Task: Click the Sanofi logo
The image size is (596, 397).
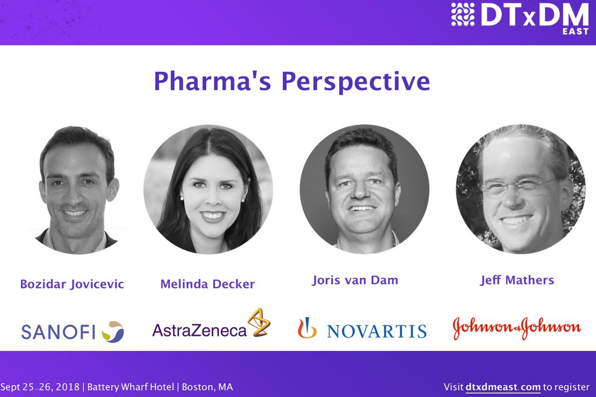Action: click(x=73, y=331)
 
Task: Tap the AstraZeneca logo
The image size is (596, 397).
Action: click(x=211, y=323)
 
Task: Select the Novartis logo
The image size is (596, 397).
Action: click(x=362, y=328)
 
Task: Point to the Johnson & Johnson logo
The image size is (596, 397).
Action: click(x=517, y=328)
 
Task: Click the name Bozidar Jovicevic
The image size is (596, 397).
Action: click(x=72, y=284)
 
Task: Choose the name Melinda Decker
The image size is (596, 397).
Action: click(x=208, y=284)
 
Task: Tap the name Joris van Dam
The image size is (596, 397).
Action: click(x=355, y=280)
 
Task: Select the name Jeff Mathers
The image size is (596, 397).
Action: click(x=517, y=280)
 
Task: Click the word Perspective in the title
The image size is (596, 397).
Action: click(x=356, y=82)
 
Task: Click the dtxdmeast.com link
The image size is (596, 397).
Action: click(x=503, y=387)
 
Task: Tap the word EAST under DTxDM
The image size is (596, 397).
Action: click(x=575, y=31)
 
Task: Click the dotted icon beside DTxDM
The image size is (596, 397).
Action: click(x=463, y=14)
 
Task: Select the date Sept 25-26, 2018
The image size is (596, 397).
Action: click(x=40, y=387)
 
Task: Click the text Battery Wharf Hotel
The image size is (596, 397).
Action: click(x=131, y=387)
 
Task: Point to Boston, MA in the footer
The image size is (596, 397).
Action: click(x=207, y=387)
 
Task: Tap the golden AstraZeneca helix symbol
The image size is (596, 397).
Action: click(x=259, y=322)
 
